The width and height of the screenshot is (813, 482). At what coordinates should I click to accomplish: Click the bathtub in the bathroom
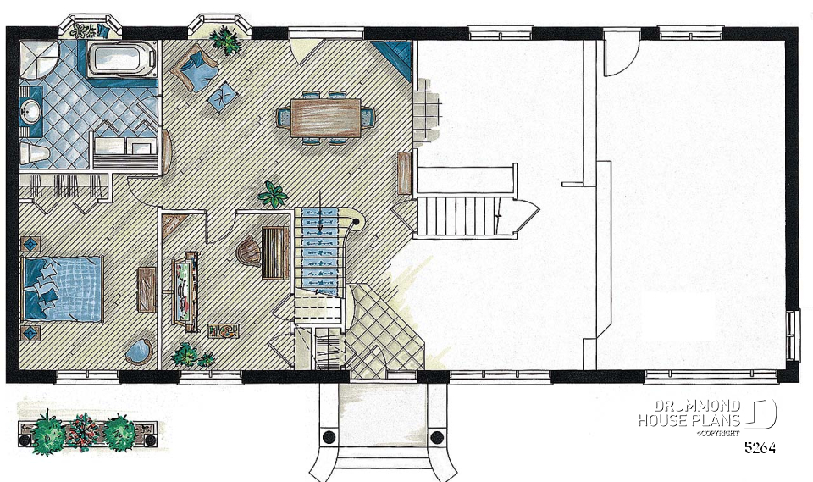(121, 61)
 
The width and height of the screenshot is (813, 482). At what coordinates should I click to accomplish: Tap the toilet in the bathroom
(34, 153)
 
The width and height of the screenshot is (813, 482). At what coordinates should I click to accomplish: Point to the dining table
(325, 117)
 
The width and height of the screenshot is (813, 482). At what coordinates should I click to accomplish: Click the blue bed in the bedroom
(63, 289)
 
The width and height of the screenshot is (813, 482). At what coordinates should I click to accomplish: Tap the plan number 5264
(760, 447)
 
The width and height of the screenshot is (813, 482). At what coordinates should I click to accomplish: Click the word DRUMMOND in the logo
(697, 406)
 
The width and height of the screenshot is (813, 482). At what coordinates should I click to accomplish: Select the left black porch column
(329, 436)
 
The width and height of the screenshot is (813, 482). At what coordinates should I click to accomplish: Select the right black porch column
(437, 436)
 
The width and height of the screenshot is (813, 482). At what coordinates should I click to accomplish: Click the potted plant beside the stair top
(273, 195)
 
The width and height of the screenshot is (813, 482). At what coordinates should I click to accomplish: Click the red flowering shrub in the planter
(82, 432)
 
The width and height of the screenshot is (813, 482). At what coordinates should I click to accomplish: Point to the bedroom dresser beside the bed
(147, 290)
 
